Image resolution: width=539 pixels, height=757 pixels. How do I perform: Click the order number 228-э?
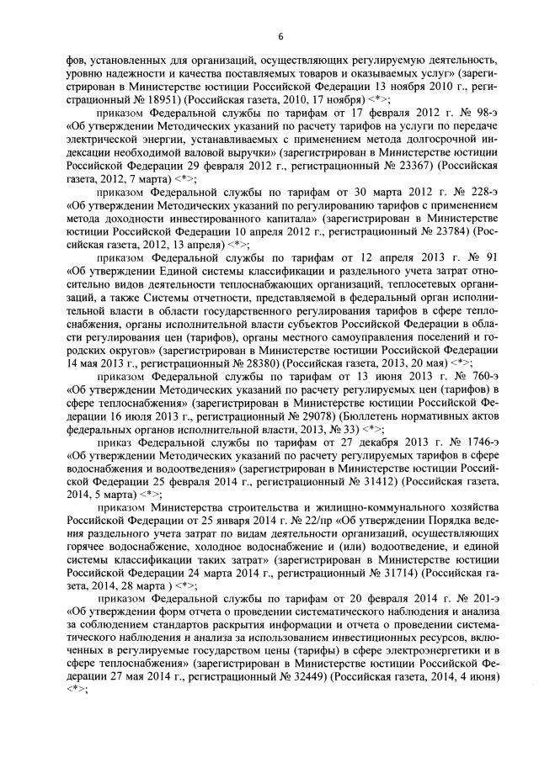484,191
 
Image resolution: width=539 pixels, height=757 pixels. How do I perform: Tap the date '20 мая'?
432,363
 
